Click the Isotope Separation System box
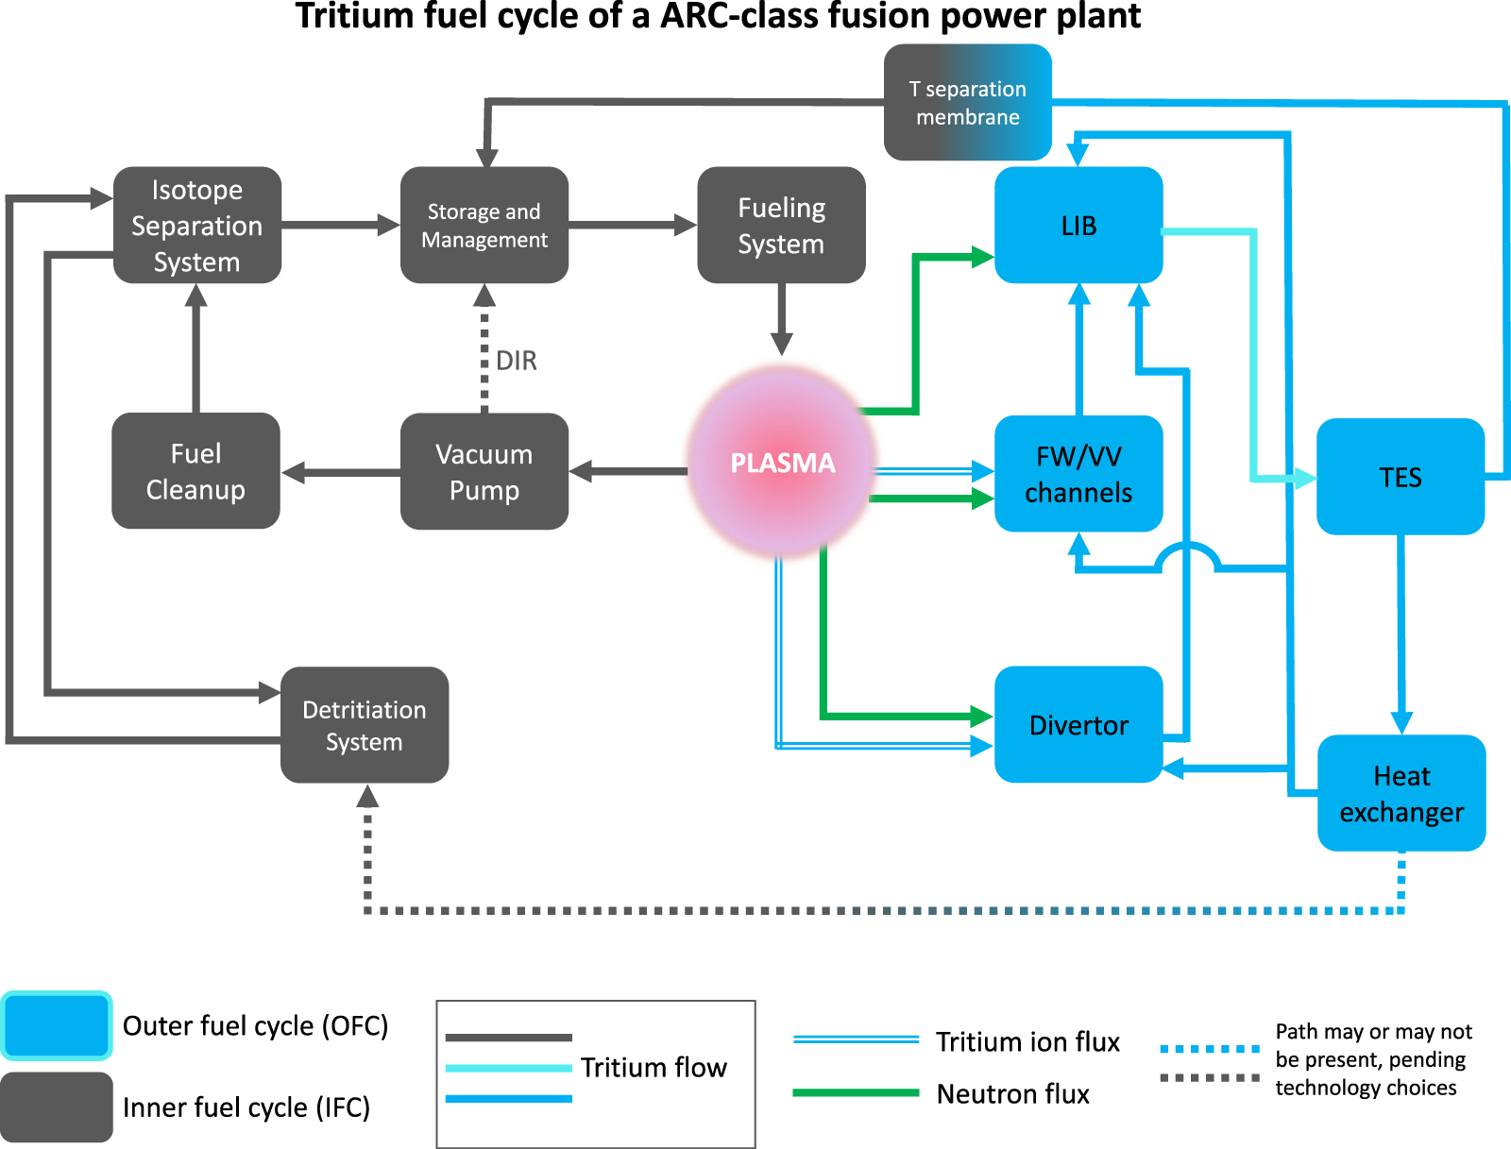tap(197, 225)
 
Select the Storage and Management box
tap(484, 225)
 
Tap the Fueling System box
tap(781, 225)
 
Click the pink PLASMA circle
tap(782, 463)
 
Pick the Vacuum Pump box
tap(484, 471)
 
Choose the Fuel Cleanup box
tap(195, 470)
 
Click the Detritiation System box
tap(365, 725)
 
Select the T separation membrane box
tap(967, 102)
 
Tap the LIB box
tap(1078, 225)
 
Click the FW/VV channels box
tap(1078, 473)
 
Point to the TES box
tap(1401, 477)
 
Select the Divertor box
tap(1078, 724)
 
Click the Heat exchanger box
tap(1401, 793)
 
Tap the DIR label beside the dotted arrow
tap(517, 361)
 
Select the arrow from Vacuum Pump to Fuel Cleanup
tap(341, 472)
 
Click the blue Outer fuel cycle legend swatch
tap(57, 1025)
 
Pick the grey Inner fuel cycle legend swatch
tap(57, 1107)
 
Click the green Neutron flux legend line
tap(856, 1092)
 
